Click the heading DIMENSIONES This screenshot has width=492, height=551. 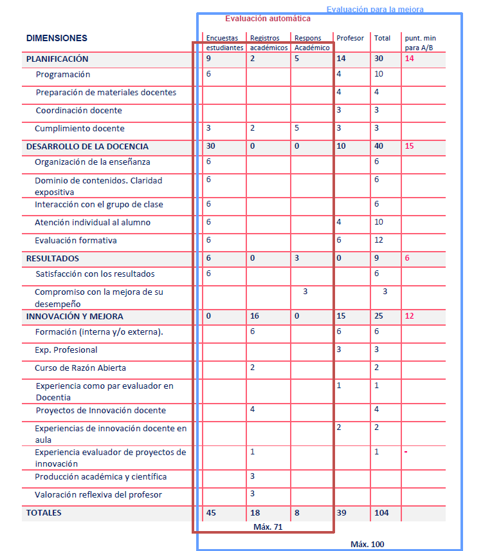(57, 39)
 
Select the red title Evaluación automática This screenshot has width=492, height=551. (268, 19)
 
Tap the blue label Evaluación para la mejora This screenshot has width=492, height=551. (375, 10)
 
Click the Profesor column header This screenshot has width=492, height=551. (350, 39)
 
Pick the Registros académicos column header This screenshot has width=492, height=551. (266, 43)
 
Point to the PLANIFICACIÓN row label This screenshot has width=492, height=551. (57, 59)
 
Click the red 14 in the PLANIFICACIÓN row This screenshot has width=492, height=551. (409, 59)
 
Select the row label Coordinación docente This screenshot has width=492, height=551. (78, 111)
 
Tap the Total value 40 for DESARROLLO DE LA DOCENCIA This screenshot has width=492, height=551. (379, 147)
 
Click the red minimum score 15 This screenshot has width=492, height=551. (409, 147)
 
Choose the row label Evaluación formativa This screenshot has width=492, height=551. (76, 241)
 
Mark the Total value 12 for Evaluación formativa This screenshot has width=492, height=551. (379, 241)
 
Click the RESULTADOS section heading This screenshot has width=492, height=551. (53, 259)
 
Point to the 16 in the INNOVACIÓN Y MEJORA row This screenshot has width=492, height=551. (254, 317)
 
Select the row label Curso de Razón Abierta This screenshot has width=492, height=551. (80, 368)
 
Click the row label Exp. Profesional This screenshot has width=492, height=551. (66, 350)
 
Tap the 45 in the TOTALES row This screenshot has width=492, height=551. (210, 513)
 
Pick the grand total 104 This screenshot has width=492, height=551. (381, 513)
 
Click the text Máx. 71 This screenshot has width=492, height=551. (268, 527)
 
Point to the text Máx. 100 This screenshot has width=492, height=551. (367, 545)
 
